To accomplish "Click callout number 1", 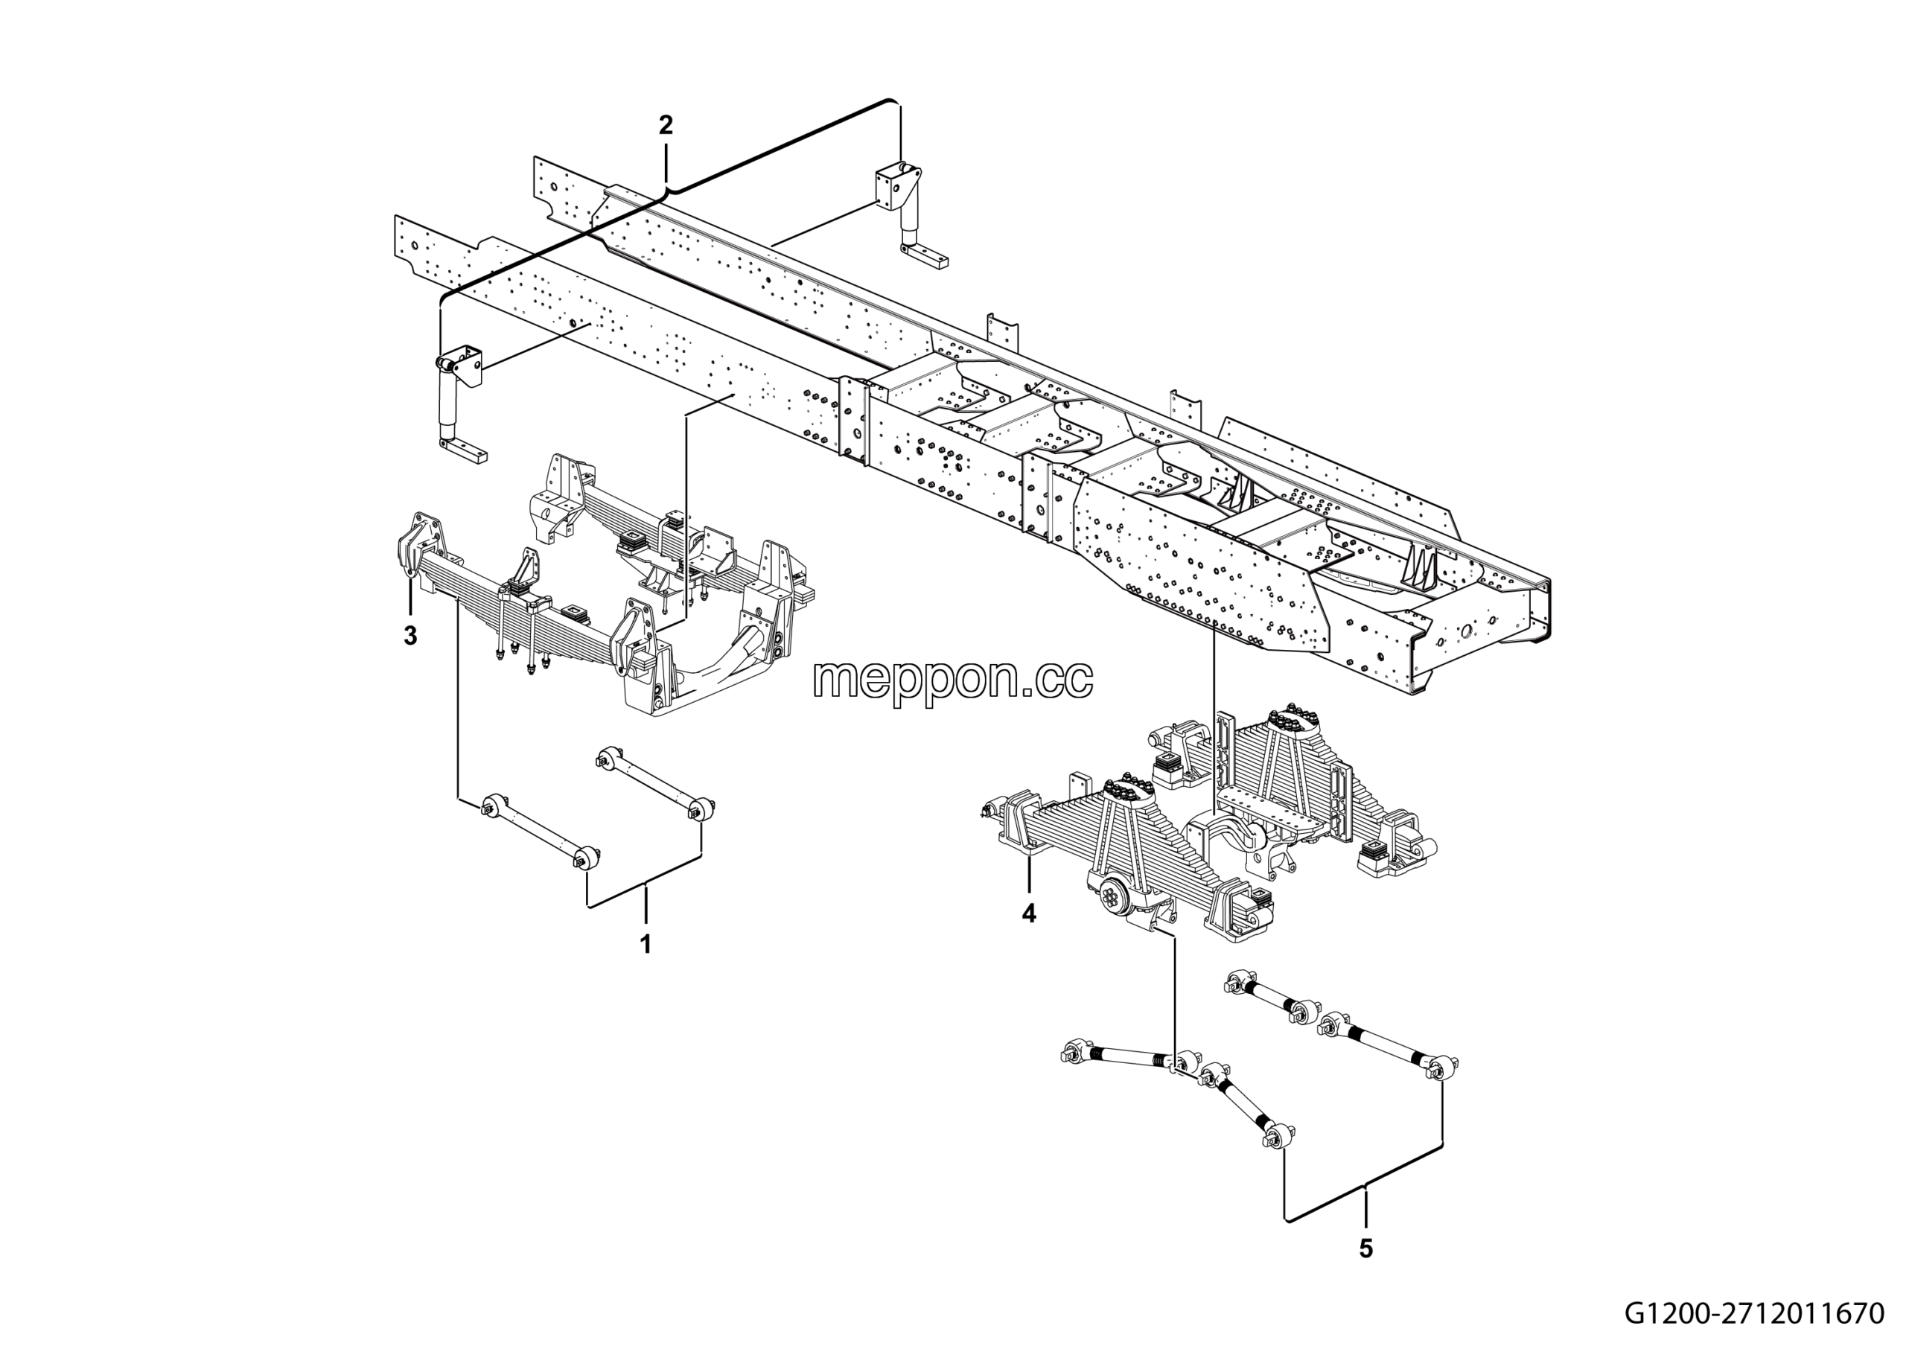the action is tap(646, 943).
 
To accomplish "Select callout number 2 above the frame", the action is tap(666, 125).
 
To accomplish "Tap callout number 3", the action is tap(410, 636).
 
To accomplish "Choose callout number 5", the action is tap(1366, 1248).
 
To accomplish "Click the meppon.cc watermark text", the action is tap(953, 680).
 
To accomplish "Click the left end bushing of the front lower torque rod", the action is tap(493, 804).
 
